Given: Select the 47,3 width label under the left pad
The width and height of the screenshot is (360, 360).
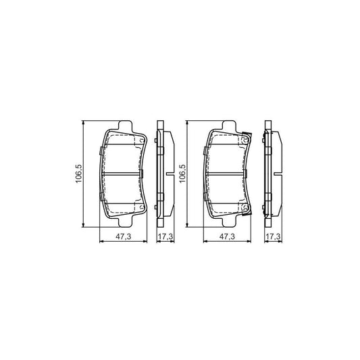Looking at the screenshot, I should pos(122,237).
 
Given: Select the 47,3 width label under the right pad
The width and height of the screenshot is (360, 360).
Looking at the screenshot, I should pos(227,237).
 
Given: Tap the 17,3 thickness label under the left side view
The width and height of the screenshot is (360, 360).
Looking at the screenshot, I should pos(165,237).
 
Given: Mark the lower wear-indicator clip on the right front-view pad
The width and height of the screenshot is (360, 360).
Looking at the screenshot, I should pos(248,207).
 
